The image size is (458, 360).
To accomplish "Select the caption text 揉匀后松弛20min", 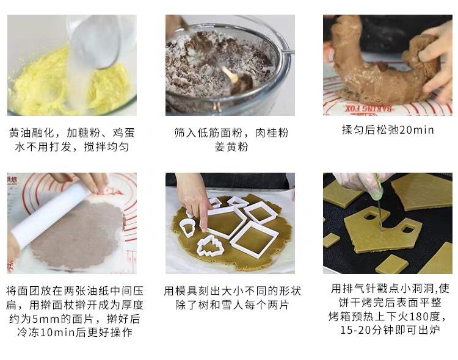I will [x=388, y=130].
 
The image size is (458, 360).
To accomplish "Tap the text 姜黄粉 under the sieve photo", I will [x=230, y=147].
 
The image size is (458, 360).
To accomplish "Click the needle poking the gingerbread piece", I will [x=379, y=214].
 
